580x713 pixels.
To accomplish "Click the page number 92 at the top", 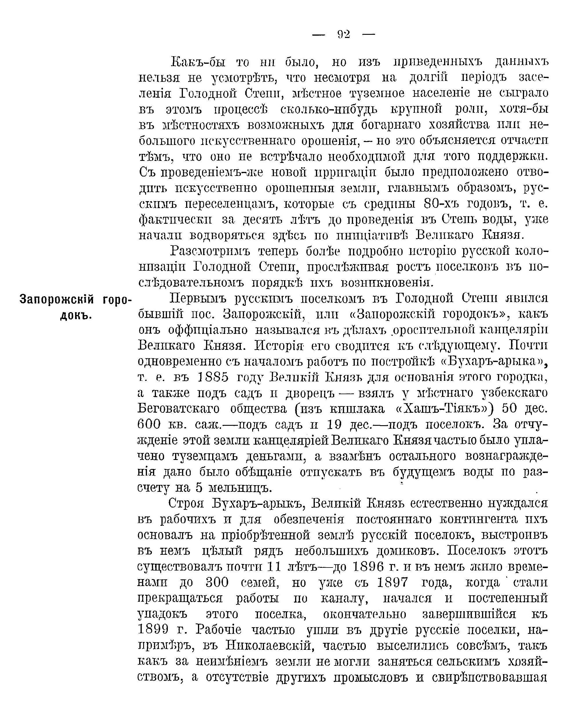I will [x=343, y=34].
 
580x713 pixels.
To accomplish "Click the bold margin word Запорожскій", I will [x=57, y=299].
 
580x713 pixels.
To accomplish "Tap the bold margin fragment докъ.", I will [x=76, y=315].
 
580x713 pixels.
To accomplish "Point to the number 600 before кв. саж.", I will [x=149, y=425].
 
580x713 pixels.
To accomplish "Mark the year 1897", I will [x=392, y=582].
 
